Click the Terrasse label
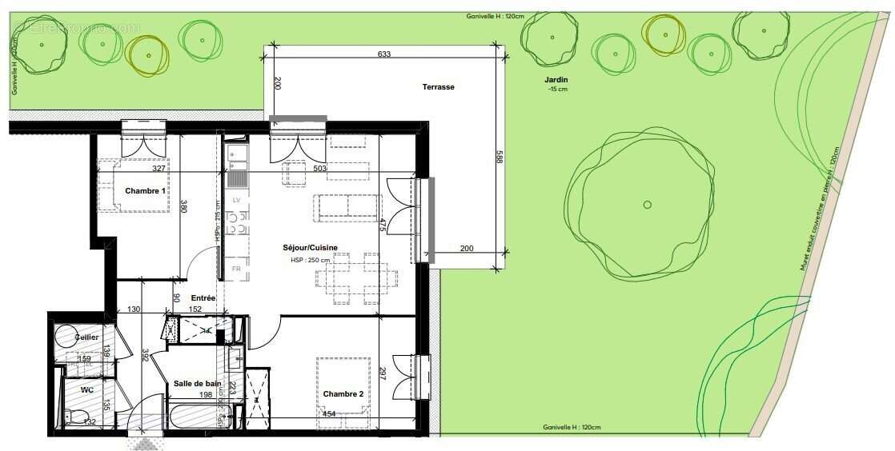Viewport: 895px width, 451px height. (x=439, y=87)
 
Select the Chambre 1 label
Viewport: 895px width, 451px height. (x=146, y=191)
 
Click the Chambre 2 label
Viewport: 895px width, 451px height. (x=343, y=394)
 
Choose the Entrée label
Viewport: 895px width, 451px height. (x=203, y=297)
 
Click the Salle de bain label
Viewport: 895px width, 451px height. (x=198, y=384)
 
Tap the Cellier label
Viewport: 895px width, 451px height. (x=88, y=337)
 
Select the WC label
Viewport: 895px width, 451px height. (x=87, y=389)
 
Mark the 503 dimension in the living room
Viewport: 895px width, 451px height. (x=320, y=169)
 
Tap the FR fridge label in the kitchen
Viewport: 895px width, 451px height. (x=236, y=269)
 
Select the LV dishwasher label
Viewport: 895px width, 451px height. (x=236, y=198)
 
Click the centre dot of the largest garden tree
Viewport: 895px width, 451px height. (x=648, y=205)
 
